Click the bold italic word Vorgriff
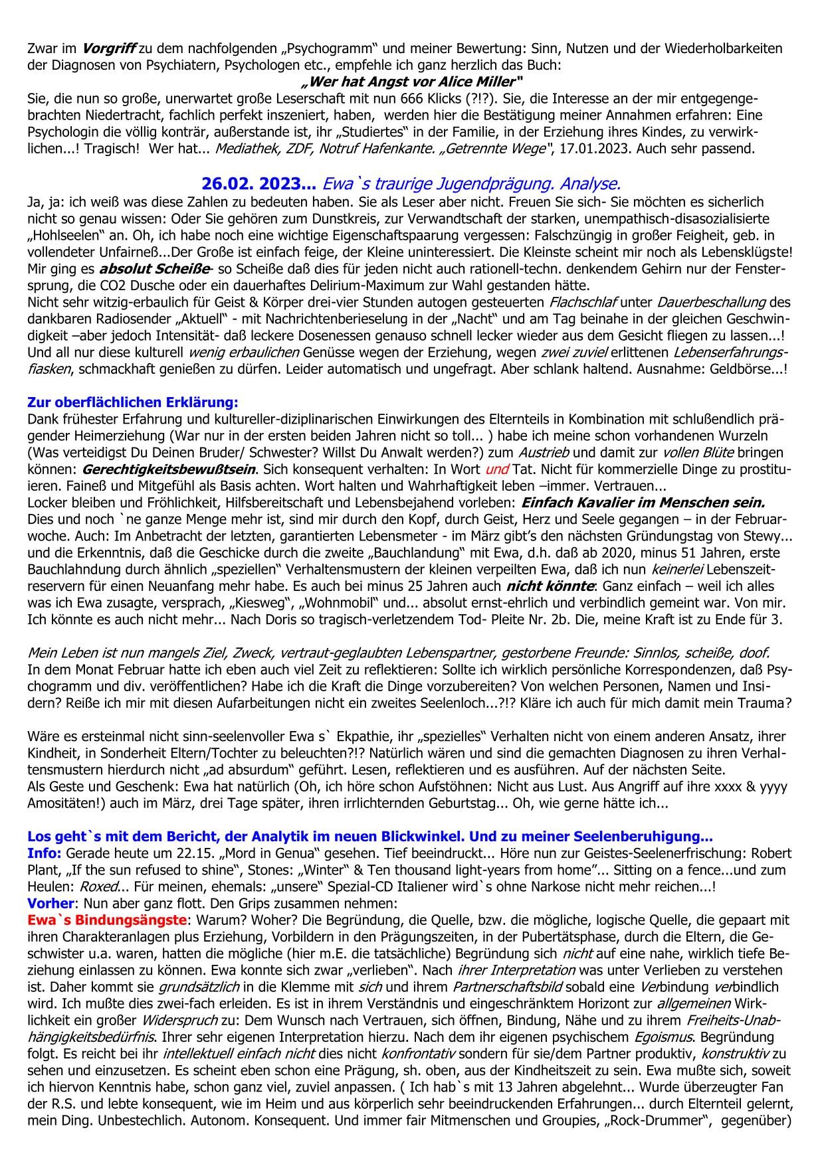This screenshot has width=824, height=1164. pyautogui.click(x=110, y=48)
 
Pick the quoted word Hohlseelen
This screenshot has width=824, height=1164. pyautogui.click(x=67, y=234)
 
